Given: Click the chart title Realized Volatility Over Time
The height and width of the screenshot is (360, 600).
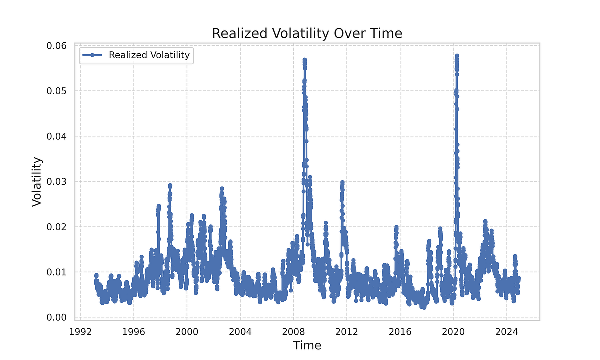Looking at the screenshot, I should point(307,33).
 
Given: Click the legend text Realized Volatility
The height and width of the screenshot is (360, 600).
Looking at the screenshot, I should point(149,55).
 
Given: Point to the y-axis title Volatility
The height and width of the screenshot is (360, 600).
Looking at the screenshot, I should point(37,182).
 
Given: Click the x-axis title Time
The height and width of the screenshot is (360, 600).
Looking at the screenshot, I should point(307,345).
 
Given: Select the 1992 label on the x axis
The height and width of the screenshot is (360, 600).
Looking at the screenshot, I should point(80,330).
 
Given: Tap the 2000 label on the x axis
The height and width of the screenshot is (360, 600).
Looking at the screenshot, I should point(187,330).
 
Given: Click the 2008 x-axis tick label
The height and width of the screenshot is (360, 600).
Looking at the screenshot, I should point(293,330).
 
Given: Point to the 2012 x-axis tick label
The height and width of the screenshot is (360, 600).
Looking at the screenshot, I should point(347,330).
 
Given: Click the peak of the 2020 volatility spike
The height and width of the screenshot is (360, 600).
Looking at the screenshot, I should point(457,56).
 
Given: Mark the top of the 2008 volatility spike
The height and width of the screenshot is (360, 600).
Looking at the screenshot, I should point(304,60).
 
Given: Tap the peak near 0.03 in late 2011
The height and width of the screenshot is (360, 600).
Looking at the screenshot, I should point(342,183).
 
